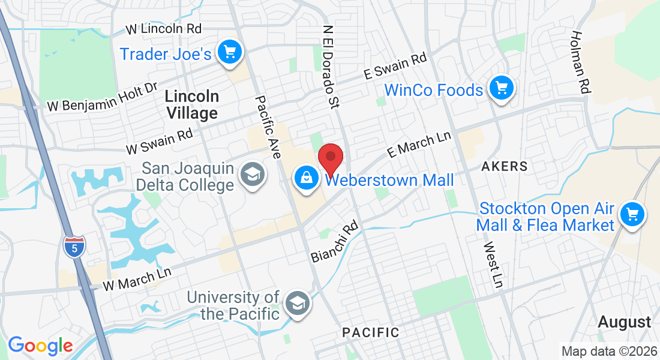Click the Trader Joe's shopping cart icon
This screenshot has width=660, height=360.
[229, 52]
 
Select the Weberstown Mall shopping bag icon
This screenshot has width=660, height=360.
[307, 178]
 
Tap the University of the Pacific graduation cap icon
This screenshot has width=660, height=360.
[296, 303]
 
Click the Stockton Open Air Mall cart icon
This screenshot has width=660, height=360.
[632, 214]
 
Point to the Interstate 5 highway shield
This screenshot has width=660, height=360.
[74, 246]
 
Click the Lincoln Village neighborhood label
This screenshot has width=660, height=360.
[192, 104]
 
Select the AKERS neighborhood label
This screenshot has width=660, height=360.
[505, 166]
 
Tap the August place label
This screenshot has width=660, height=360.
[625, 322]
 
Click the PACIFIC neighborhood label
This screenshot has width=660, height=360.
[370, 332]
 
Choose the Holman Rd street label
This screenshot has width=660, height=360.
[581, 62]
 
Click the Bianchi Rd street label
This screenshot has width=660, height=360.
[334, 241]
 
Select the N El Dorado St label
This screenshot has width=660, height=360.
[331, 67]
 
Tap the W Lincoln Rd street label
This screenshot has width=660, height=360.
[163, 28]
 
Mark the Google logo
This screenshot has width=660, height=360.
[40, 345]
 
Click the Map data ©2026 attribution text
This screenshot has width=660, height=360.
[608, 350]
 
